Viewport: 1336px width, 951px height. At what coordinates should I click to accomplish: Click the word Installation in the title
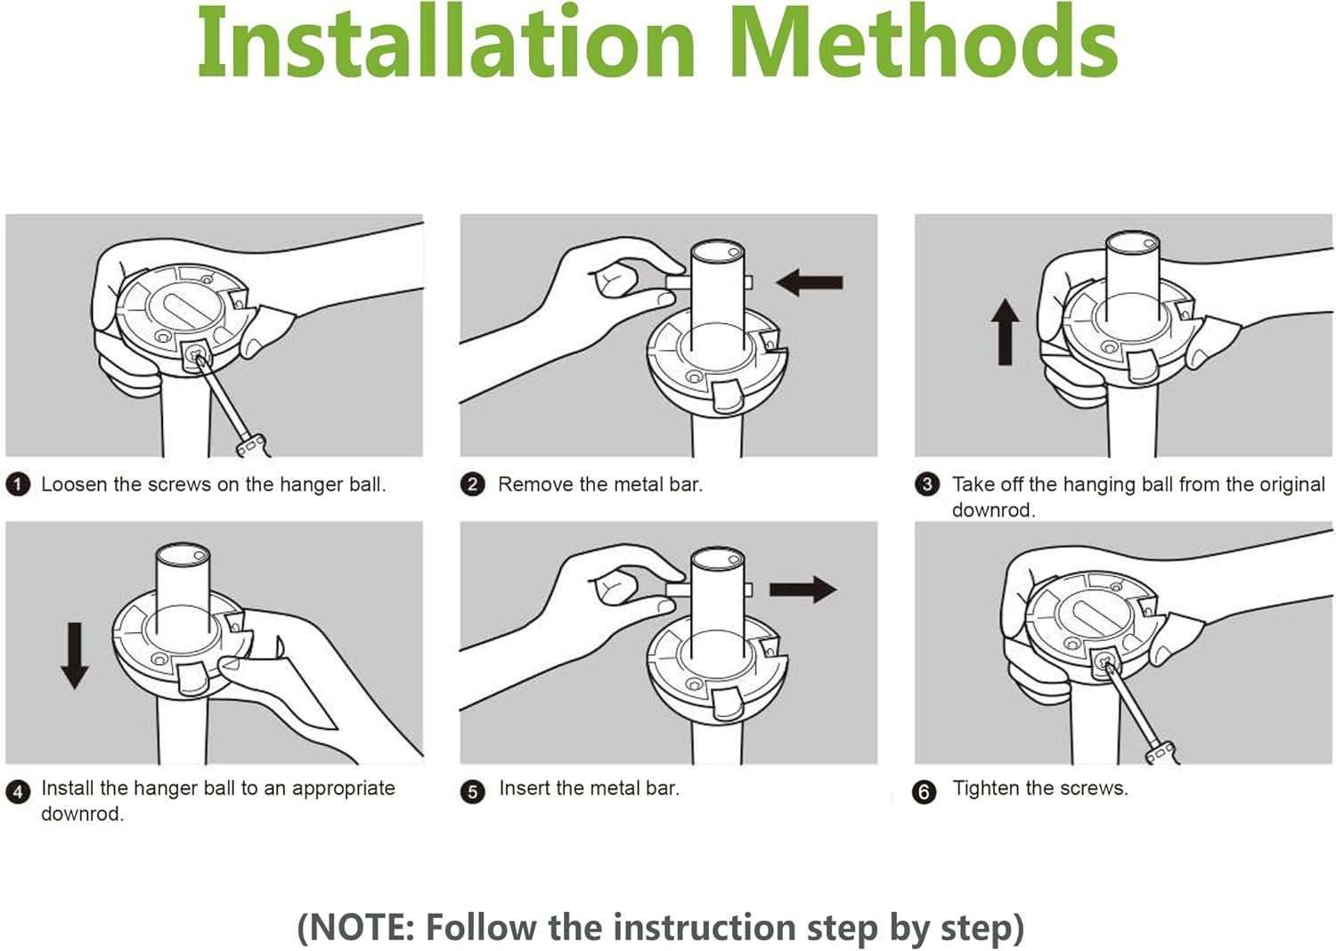[x=446, y=41]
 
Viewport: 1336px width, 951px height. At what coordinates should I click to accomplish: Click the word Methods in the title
[x=924, y=41]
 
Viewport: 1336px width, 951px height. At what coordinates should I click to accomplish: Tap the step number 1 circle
[x=19, y=484]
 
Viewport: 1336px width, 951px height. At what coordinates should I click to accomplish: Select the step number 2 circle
[x=472, y=484]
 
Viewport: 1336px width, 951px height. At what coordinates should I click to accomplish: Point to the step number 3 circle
[x=927, y=484]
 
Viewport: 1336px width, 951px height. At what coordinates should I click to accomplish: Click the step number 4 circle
[x=19, y=792]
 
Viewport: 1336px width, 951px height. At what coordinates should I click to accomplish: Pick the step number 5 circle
[x=472, y=792]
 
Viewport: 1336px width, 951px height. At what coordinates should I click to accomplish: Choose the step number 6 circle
[x=925, y=792]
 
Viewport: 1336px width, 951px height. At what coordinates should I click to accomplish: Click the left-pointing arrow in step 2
[x=810, y=282]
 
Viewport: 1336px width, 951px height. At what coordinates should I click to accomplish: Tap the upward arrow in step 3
[x=1006, y=331]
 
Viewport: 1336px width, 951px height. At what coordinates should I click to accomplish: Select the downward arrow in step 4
[x=75, y=656]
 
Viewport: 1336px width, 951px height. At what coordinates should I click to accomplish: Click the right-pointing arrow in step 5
[x=802, y=590]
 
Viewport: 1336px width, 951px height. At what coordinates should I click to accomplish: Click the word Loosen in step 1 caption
[x=75, y=484]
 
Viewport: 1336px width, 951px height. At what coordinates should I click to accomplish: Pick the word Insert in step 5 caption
[x=525, y=788]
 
